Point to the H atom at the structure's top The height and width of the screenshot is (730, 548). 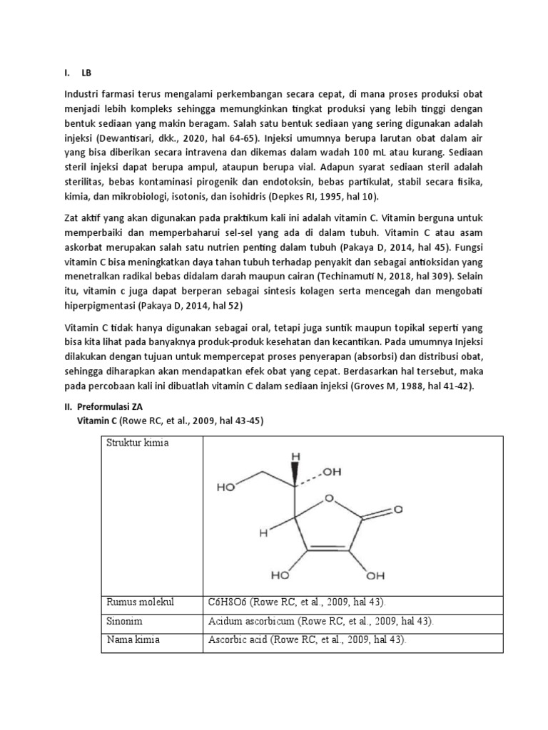tap(293, 454)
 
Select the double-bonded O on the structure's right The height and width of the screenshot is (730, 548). tap(398, 510)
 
